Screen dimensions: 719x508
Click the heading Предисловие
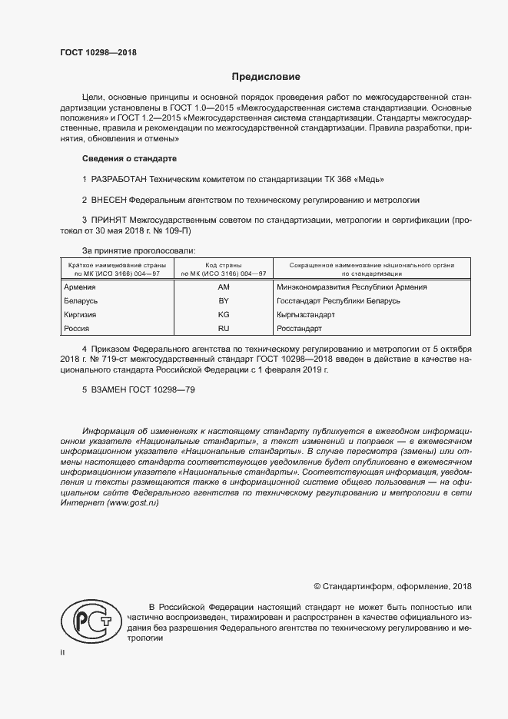[267, 77]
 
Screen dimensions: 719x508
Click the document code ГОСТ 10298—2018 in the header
[98, 51]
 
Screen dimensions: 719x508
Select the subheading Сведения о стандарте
[129, 158]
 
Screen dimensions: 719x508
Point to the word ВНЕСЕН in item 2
[109, 200]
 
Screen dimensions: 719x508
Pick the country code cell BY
[224, 301]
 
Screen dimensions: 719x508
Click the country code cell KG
[224, 315]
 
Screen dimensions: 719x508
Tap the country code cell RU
[224, 329]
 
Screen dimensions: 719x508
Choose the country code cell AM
[224, 287]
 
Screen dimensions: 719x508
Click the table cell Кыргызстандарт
[305, 315]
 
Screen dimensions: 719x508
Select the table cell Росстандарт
[299, 329]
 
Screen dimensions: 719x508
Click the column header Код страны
[224, 264]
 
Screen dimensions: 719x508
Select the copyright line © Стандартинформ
[393, 586]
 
